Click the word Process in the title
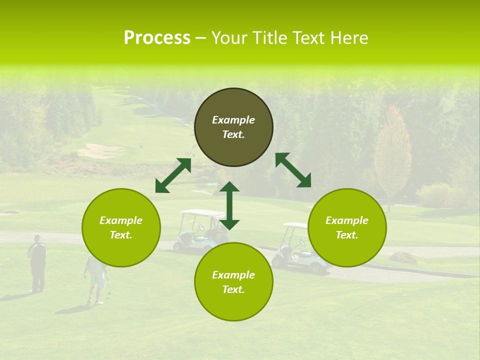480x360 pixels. pos(157,38)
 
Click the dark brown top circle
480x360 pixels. pos(233,127)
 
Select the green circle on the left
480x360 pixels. pos(121,228)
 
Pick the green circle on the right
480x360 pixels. pos(347,228)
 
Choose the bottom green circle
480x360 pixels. pos(233,282)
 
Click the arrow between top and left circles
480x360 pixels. pos(173,175)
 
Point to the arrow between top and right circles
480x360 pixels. pos(293,170)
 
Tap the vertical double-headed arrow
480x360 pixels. pos(229,205)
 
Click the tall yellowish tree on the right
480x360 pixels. pos(393,155)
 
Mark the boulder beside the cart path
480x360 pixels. pos(403,257)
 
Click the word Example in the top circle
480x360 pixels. pos(233,120)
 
